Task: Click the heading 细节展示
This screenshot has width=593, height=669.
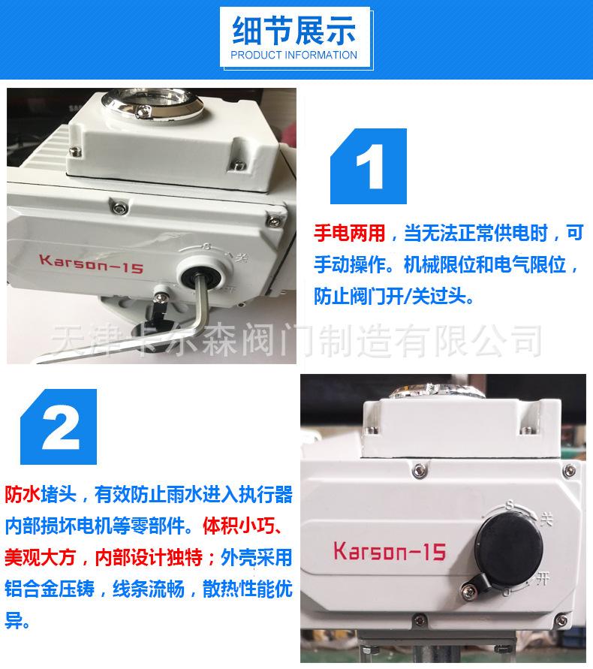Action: (x=294, y=30)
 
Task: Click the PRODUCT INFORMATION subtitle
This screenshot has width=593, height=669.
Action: (x=294, y=55)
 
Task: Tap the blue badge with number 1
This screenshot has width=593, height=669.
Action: (x=369, y=166)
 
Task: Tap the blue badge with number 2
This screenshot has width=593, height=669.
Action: (x=59, y=426)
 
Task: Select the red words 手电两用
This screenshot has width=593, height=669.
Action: (x=349, y=233)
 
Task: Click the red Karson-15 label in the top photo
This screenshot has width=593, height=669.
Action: (x=91, y=264)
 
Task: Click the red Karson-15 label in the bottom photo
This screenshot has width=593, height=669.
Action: (x=390, y=551)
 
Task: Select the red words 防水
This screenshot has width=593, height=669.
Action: (x=23, y=495)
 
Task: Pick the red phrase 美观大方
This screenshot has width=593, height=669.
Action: (x=40, y=557)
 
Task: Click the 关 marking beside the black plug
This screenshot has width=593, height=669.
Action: (x=546, y=519)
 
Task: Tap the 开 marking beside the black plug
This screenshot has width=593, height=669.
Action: (x=542, y=579)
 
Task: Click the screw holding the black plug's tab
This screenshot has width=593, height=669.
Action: (x=469, y=590)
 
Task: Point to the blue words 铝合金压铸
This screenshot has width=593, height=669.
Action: (x=50, y=589)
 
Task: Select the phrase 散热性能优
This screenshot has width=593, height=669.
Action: (x=248, y=589)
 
